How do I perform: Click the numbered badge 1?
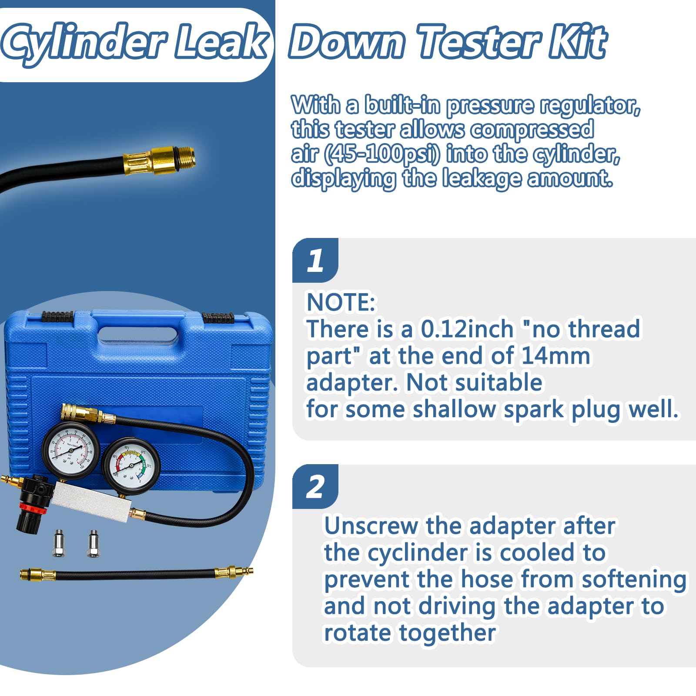[x=315, y=261]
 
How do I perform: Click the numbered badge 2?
[x=315, y=487]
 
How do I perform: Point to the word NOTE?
[x=341, y=302]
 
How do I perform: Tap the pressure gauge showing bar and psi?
[x=70, y=448]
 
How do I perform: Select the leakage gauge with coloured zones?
[x=131, y=466]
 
